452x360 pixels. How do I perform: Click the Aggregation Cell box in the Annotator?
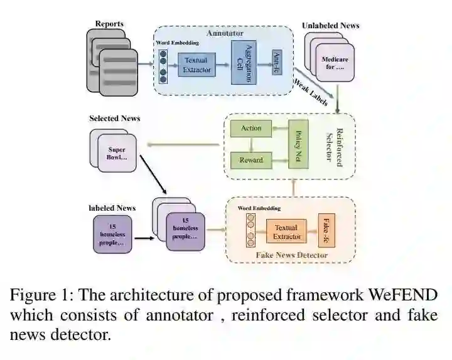pyautogui.click(x=244, y=63)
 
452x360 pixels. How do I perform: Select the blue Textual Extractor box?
pyautogui.click(x=197, y=65)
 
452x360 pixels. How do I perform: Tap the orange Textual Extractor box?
pyautogui.click(x=286, y=231)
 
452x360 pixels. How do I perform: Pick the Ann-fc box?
pyautogui.click(x=277, y=62)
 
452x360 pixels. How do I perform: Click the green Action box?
pyautogui.click(x=250, y=129)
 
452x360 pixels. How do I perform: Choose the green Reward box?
pyautogui.click(x=251, y=160)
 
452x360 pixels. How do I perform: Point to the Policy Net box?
pyautogui.click(x=298, y=144)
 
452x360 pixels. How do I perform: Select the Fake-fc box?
pyautogui.click(x=326, y=230)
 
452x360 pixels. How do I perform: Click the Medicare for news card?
pyautogui.click(x=335, y=63)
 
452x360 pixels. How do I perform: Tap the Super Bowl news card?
pyautogui.click(x=117, y=153)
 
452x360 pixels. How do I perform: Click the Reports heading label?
pyautogui.click(x=109, y=24)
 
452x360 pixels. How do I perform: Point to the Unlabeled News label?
pyautogui.click(x=331, y=26)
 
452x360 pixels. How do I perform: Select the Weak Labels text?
pyautogui.click(x=311, y=92)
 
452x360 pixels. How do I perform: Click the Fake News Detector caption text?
pyautogui.click(x=292, y=255)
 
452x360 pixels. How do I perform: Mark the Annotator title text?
pyautogui.click(x=225, y=33)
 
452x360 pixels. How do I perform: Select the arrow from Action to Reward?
pyautogui.click(x=251, y=145)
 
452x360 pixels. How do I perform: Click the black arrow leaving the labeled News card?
pyautogui.click(x=145, y=238)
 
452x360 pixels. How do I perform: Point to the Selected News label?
pyautogui.click(x=115, y=119)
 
